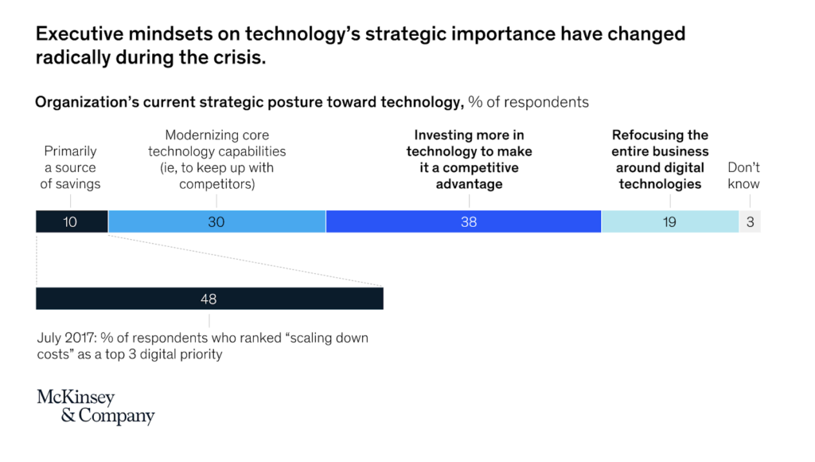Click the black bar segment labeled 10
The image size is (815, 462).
pos(72,221)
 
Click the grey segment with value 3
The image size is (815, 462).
pos(750,221)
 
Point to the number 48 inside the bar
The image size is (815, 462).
pos(209,299)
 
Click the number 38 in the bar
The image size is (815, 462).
pos(469,221)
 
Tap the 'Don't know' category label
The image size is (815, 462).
pos(743,175)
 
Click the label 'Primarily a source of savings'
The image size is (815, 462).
pos(70,167)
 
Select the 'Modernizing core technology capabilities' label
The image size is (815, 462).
pos(216,159)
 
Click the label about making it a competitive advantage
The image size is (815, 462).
pos(469,159)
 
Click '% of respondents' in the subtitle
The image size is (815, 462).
pos(528,102)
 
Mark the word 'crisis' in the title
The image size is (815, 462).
pos(240,58)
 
